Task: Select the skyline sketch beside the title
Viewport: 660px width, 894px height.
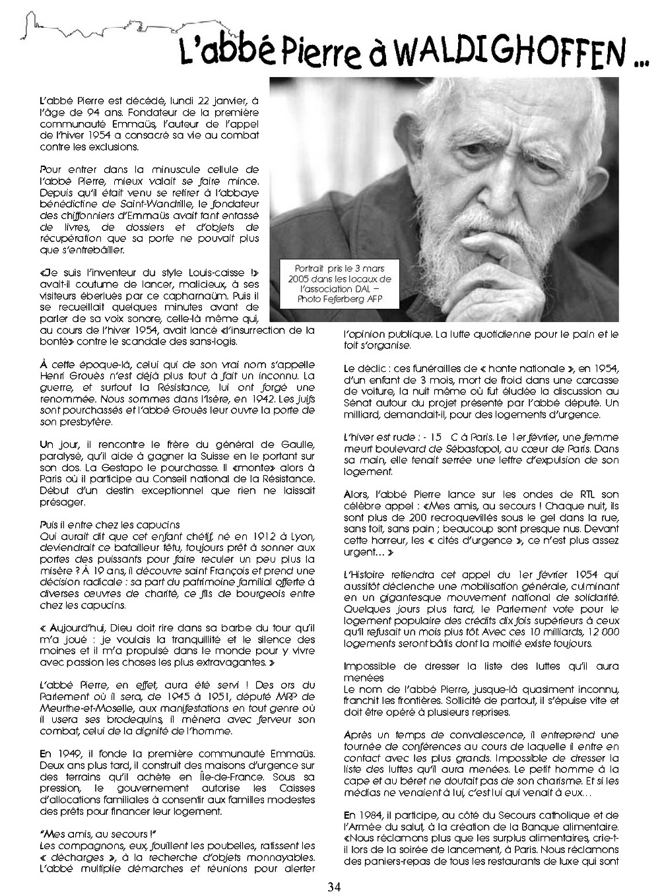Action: [92, 30]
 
